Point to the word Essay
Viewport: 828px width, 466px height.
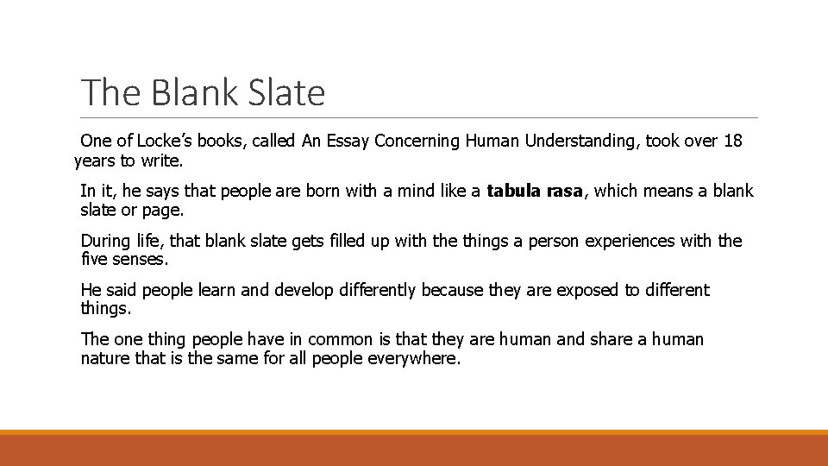coord(349,141)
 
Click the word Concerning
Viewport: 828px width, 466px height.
coord(419,141)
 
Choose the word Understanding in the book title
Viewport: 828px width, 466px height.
coord(577,141)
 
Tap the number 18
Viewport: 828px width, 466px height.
coord(732,141)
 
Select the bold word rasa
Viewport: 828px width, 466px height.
coord(565,191)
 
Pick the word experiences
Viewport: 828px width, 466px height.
coord(628,241)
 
